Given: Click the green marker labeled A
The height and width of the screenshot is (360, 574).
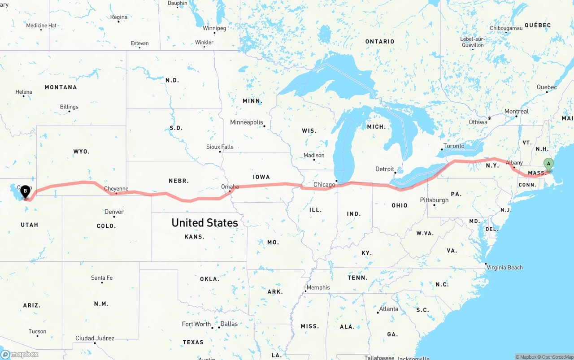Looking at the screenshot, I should pos(548,165).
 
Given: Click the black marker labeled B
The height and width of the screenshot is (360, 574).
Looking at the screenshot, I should pos(26,191).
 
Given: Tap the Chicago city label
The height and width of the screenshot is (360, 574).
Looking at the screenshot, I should pos(324,185).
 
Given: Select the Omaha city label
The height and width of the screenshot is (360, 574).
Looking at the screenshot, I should pos(230,187).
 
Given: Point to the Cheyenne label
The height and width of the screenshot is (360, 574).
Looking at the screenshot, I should pos(116,189).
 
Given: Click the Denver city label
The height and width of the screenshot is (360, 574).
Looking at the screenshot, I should pos(114,212).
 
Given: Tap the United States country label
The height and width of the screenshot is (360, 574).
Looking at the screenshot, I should pos(204,223).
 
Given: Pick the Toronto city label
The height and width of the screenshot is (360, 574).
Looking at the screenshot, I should pos(454,146).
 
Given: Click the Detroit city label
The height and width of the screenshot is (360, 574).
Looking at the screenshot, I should pos(385,169).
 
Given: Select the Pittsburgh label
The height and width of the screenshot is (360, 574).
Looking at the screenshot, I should pos(434,200).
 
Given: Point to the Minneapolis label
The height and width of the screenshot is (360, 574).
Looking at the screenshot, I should pos(246,122).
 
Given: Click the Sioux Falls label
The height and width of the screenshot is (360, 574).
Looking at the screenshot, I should pos(220,147).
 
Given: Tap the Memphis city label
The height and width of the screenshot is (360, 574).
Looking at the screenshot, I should pos(318,287).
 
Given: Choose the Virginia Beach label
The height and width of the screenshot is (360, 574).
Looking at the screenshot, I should pos(504,267).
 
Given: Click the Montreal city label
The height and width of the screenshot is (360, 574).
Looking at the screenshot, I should pos(516,111).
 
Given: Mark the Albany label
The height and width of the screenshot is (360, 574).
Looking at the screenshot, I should pos(514,163).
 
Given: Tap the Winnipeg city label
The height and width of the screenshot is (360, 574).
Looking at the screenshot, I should pos(214,28).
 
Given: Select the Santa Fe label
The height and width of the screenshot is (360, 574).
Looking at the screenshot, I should pos(102,278).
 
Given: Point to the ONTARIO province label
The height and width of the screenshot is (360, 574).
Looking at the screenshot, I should pos(379,41).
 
